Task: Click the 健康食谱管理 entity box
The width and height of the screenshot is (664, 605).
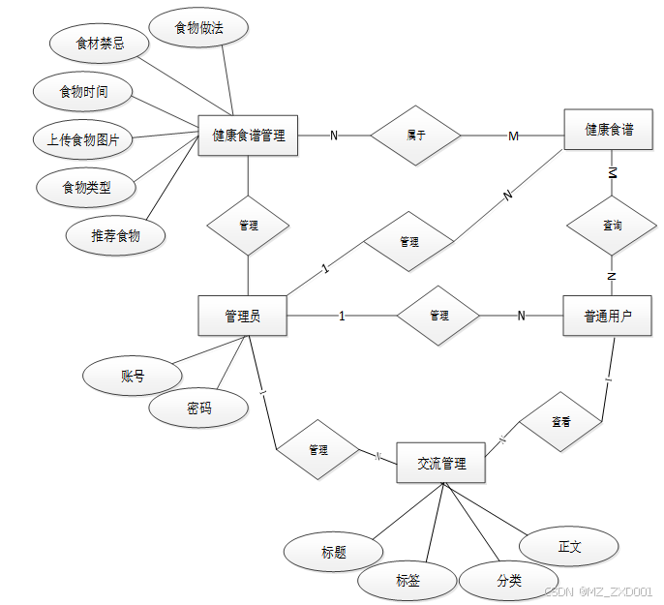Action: coord(249,136)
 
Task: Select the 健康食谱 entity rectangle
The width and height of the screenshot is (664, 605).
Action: coord(609,130)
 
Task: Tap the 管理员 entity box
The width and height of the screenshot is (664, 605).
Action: coord(242,316)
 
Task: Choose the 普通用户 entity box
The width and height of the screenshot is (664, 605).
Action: coord(607,316)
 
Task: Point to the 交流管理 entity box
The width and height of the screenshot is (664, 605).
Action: coord(441,464)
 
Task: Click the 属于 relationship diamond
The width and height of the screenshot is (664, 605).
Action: coord(417,136)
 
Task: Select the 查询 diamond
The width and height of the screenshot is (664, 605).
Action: coord(612,226)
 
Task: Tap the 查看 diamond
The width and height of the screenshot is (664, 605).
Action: coord(560,422)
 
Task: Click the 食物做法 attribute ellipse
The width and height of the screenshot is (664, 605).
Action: coord(199,29)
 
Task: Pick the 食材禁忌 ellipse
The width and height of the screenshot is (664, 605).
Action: coord(100,44)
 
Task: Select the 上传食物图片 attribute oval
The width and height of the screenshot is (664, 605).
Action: coord(83,139)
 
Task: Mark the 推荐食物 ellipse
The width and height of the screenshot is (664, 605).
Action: coord(115,235)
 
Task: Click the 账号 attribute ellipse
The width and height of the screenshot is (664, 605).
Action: coord(133,377)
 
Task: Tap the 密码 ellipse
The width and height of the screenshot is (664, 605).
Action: coord(198,408)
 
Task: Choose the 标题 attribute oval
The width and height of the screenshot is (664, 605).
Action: coord(334,552)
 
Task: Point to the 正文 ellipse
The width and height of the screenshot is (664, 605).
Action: coord(569,546)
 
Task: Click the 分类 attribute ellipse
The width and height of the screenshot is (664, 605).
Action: coord(509,581)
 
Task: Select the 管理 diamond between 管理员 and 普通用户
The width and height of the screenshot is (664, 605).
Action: coord(438,316)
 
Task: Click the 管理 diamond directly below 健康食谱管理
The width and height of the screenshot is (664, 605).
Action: coord(249,226)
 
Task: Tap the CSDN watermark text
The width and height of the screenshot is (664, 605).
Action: coord(597,591)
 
